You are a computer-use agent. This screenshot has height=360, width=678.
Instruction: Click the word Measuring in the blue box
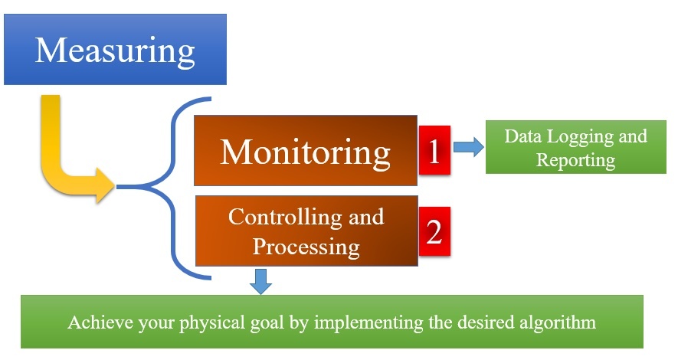pyautogui.click(x=115, y=51)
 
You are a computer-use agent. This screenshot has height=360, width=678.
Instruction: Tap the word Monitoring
pyautogui.click(x=306, y=153)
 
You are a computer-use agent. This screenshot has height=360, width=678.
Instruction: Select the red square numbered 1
pyautogui.click(x=434, y=150)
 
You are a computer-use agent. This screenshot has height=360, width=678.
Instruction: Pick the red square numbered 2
pyautogui.click(x=434, y=231)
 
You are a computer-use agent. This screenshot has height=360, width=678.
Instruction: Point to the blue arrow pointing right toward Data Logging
pyautogui.click(x=469, y=147)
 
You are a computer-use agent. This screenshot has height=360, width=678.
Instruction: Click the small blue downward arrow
pyautogui.click(x=260, y=281)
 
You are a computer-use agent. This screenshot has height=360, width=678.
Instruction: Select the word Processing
pyautogui.click(x=306, y=247)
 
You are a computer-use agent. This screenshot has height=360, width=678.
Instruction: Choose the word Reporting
pyautogui.click(x=576, y=161)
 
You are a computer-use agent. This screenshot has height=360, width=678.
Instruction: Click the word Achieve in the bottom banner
pyautogui.click(x=100, y=322)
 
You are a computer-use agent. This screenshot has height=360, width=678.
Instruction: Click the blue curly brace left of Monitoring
pyautogui.click(x=173, y=187)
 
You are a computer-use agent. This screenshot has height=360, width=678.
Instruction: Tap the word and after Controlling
pyautogui.click(x=366, y=217)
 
